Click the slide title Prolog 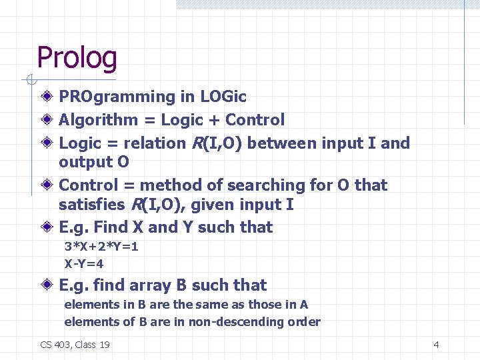point(77,57)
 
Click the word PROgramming point(117,97)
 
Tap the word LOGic point(223,97)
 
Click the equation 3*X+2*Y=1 point(101,247)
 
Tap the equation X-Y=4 point(84,263)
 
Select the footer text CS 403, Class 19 point(75,345)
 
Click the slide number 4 point(436,345)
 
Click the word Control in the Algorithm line point(255,120)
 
